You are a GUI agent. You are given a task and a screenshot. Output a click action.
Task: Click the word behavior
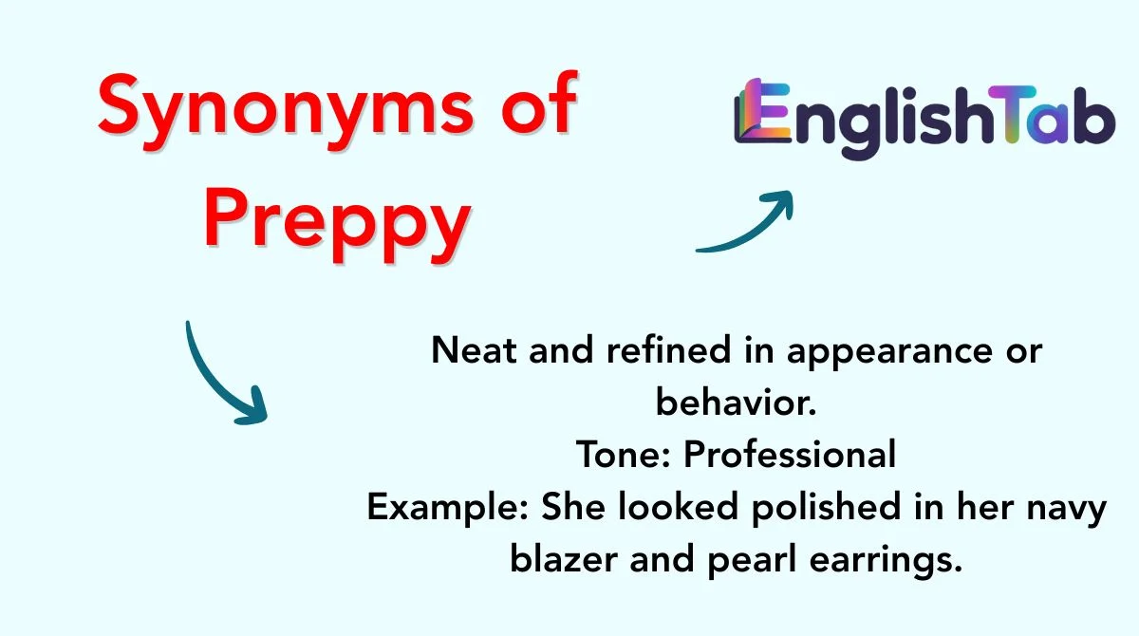coord(736,402)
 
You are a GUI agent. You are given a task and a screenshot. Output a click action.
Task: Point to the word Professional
coord(790,455)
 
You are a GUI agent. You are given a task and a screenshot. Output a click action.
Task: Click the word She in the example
coord(571,507)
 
